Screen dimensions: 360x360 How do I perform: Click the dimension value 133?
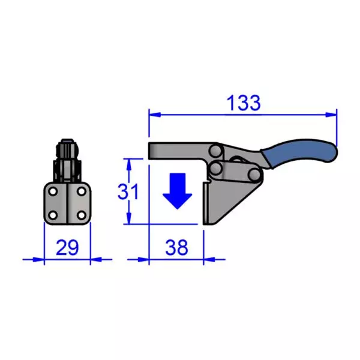tap(244, 103)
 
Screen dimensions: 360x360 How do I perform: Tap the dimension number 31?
tap(128, 192)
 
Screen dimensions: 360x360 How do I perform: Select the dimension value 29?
tap(67, 247)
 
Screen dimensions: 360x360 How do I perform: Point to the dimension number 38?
tap(176, 247)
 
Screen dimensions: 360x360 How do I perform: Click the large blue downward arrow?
tap(178, 191)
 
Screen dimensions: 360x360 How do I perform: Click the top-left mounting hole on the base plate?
tap(53, 192)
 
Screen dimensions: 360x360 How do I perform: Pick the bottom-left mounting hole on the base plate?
tap(53, 214)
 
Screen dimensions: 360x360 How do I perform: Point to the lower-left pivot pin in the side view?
tap(216, 170)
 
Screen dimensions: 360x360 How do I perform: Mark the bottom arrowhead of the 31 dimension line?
tap(128, 220)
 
